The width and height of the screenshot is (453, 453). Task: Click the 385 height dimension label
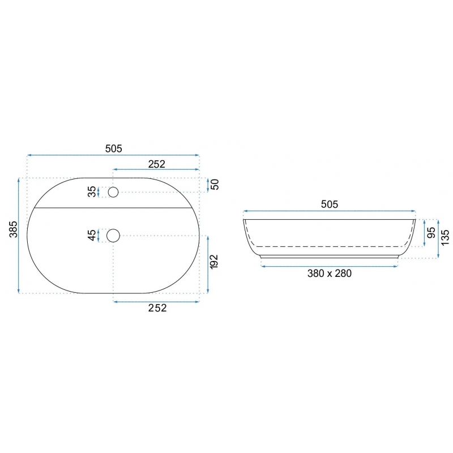click(x=14, y=229)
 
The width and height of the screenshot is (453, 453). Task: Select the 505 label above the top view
click(x=114, y=148)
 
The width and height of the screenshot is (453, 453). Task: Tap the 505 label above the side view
click(x=330, y=204)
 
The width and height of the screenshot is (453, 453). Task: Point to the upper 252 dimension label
click(x=157, y=164)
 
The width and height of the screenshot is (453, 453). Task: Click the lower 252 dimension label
click(x=157, y=308)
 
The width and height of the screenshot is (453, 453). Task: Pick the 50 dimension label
click(x=215, y=185)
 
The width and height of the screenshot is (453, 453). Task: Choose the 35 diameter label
click(x=92, y=191)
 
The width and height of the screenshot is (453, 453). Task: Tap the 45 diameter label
click(x=92, y=235)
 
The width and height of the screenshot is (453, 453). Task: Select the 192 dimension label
click(x=214, y=262)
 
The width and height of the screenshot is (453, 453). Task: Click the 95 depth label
click(x=431, y=232)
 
